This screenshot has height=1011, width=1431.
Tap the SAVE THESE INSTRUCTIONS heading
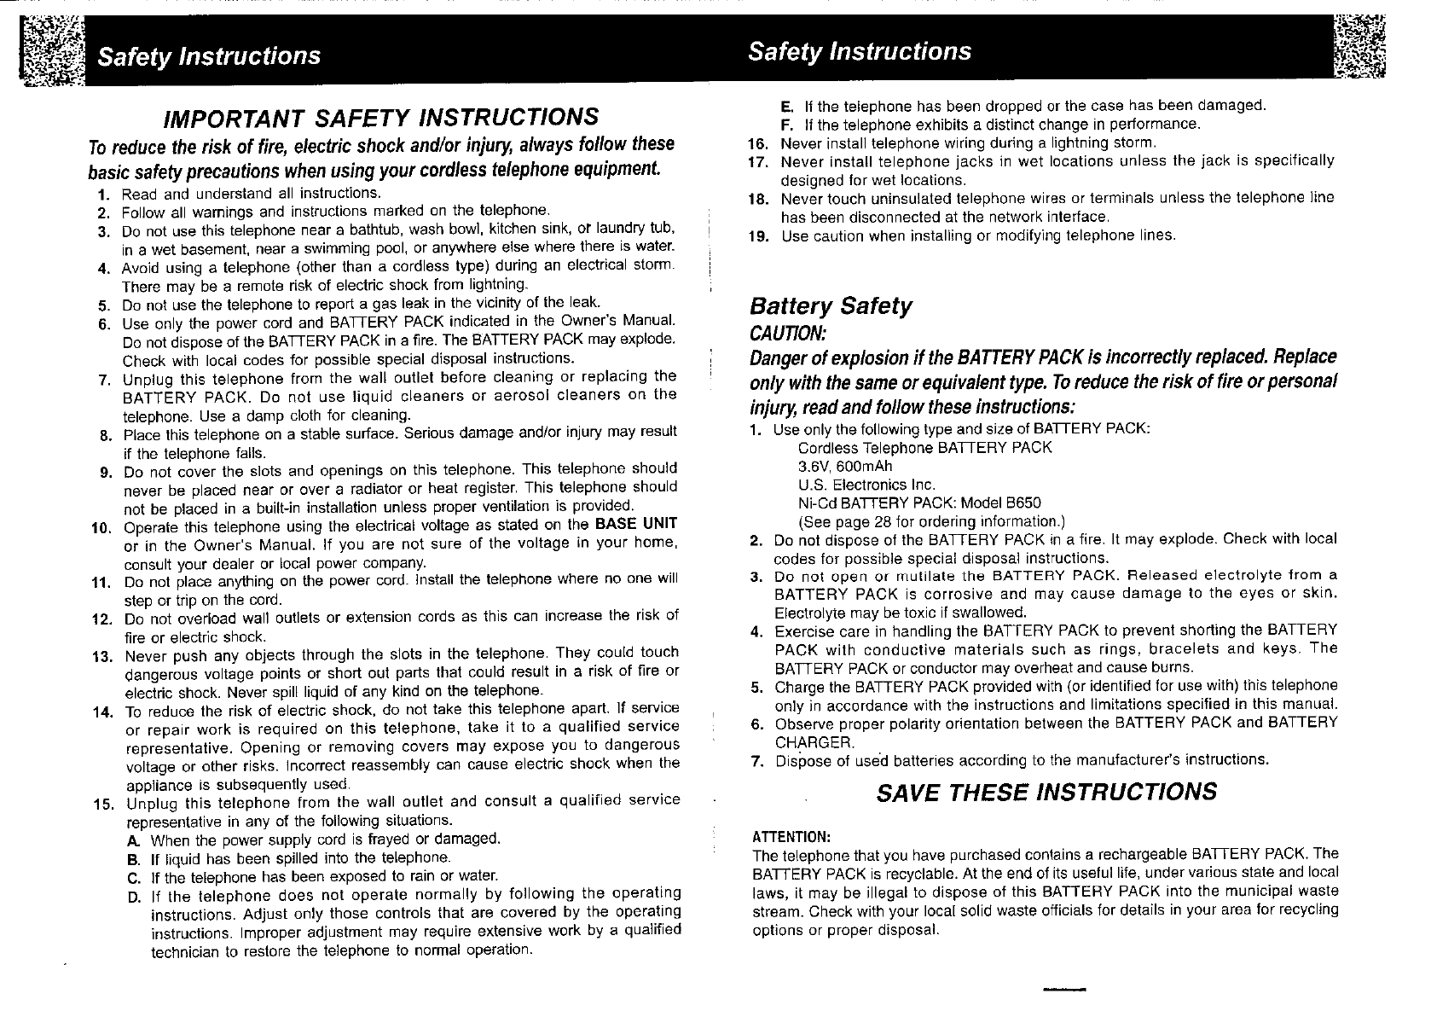[1046, 792]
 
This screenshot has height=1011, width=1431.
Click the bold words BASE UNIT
[636, 524]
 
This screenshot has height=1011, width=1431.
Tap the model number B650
[1023, 503]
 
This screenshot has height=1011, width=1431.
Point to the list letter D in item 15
[134, 895]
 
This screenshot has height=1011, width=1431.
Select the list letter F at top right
[786, 125]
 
